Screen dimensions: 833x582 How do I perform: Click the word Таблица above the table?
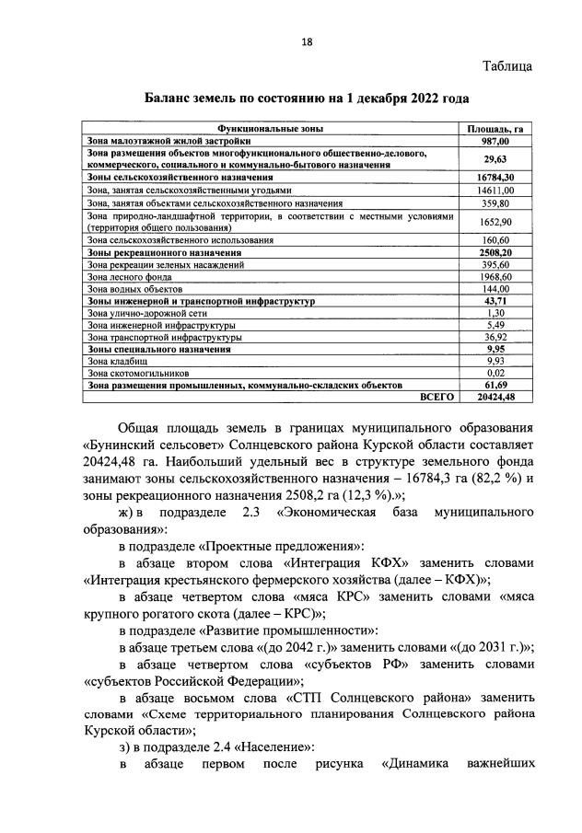[x=507, y=65]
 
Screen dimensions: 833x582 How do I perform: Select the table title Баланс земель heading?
[x=307, y=98]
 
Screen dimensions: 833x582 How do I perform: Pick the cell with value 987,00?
[x=497, y=141]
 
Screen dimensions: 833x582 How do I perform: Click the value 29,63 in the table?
[x=497, y=157]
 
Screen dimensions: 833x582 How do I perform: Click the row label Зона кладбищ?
[x=114, y=362]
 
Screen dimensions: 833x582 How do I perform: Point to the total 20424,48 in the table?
[x=495, y=397]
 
